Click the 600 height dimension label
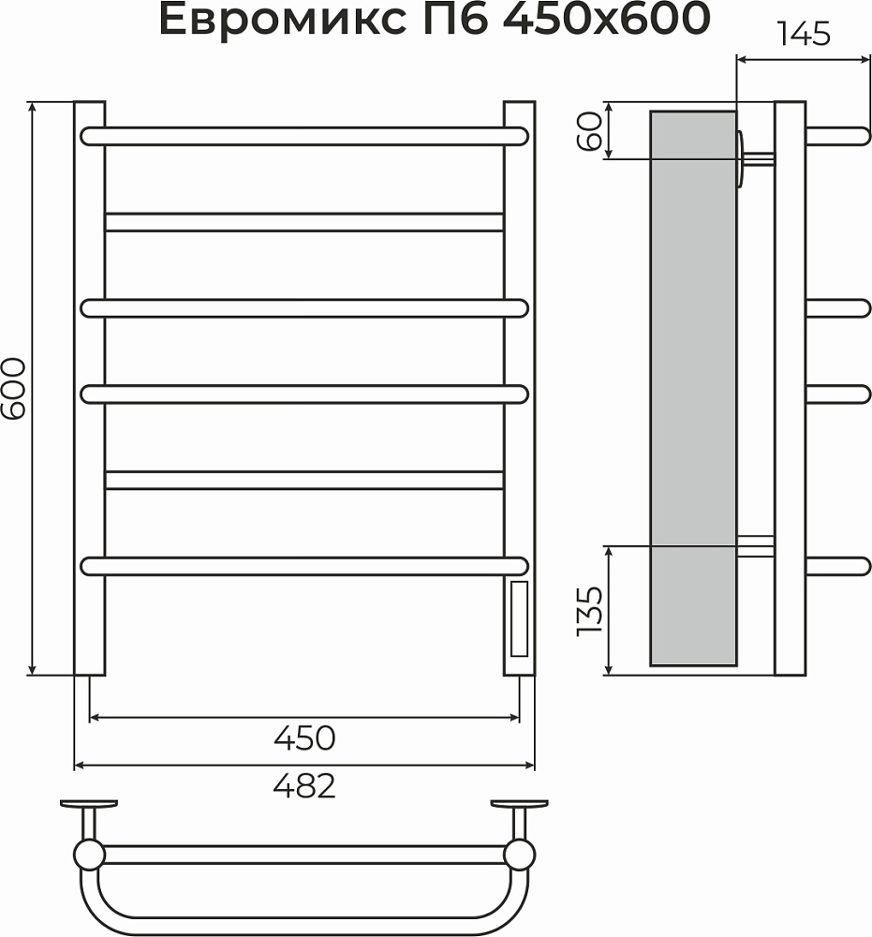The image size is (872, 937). pos(13,389)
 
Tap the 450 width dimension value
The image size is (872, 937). pos(304,738)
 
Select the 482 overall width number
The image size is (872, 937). pos(304,786)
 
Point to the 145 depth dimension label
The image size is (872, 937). pos(804,34)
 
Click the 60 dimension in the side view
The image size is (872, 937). pos(589,131)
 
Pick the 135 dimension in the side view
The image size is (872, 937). pos(589,611)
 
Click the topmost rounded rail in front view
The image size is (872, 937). pos(304,136)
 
